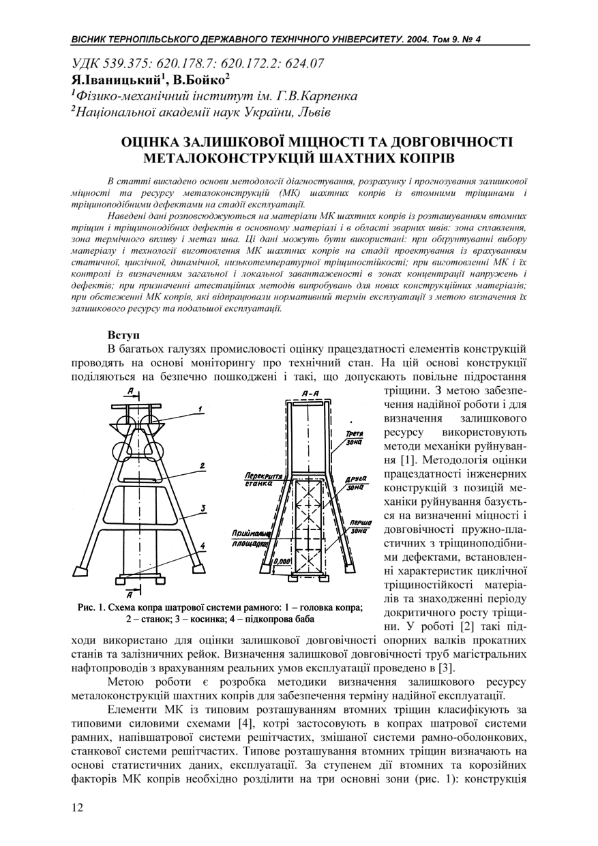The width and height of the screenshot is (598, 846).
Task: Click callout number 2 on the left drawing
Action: tap(203, 466)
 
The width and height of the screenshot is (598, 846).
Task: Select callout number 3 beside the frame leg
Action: tap(203, 509)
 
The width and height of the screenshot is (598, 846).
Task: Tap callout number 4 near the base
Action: tap(203, 546)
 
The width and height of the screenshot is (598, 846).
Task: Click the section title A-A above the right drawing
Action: tap(310, 394)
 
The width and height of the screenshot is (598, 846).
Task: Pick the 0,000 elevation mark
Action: tap(282, 561)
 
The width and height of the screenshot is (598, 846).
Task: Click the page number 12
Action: tap(77, 807)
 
